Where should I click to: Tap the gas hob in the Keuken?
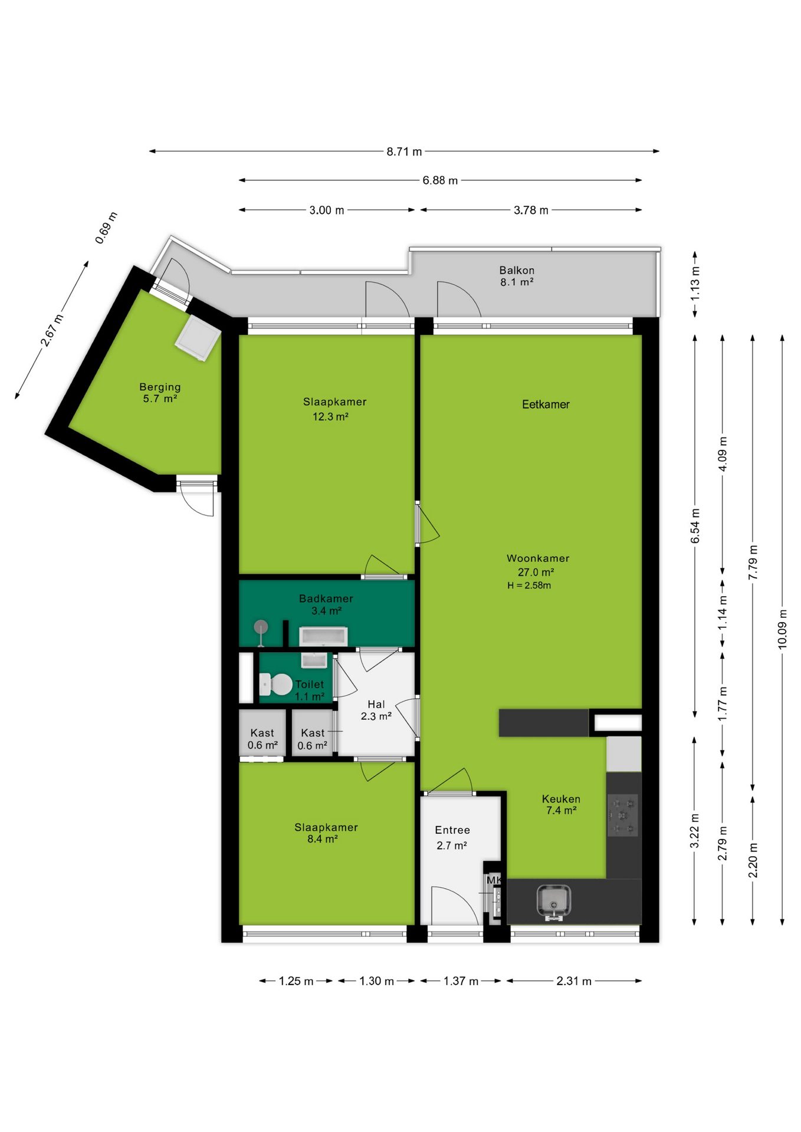click(623, 815)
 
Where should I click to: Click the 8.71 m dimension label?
click(405, 152)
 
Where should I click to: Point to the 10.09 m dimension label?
click(783, 628)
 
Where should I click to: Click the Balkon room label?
click(517, 270)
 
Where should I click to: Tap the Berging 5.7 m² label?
click(160, 393)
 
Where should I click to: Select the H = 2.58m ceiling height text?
click(529, 585)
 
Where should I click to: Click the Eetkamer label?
click(546, 404)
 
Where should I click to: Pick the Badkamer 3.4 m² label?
click(326, 604)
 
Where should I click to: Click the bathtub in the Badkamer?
click(323, 637)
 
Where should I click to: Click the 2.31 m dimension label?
click(574, 981)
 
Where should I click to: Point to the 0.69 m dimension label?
click(107, 228)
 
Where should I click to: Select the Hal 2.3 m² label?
click(376, 710)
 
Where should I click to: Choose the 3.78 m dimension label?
click(531, 210)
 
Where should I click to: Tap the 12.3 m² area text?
click(330, 417)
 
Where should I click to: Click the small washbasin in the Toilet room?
click(314, 660)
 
